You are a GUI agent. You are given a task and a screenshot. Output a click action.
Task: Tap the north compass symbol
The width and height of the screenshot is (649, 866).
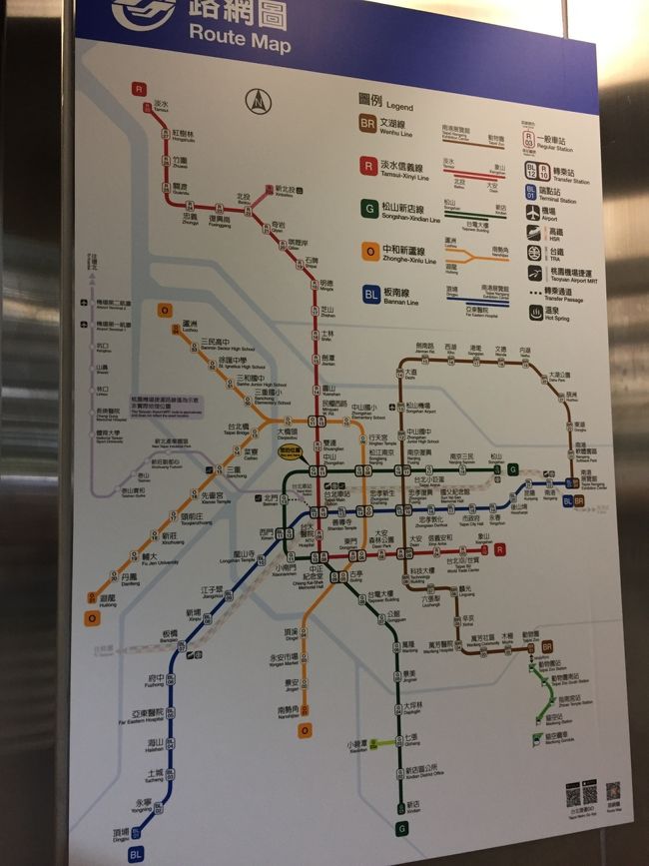(x=258, y=100)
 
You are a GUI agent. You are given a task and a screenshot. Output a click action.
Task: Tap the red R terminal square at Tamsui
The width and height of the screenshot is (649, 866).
(x=139, y=88)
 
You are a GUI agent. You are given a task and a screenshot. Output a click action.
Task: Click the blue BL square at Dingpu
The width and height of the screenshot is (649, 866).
(x=136, y=854)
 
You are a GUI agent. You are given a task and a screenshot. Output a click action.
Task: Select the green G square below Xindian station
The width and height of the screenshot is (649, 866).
(x=401, y=828)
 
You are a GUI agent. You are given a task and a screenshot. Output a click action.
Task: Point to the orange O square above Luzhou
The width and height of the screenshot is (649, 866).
(x=165, y=310)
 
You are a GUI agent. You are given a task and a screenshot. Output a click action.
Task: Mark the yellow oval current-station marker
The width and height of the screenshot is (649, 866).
(x=292, y=450)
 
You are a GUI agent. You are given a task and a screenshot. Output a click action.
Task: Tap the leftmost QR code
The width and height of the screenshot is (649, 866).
(x=573, y=794)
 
